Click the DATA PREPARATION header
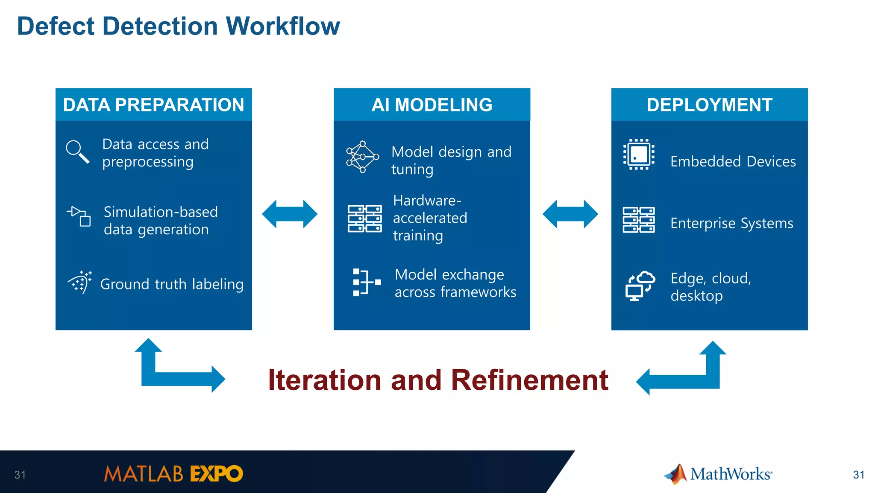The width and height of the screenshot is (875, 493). point(153,105)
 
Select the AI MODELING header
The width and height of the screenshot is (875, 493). point(432,105)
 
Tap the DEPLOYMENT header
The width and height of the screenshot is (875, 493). point(709,105)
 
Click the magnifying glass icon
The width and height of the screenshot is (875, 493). point(77,152)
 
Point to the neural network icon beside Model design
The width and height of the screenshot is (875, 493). point(362,157)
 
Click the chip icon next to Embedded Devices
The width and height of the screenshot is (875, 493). point(639,155)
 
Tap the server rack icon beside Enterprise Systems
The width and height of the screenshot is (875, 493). point(638,220)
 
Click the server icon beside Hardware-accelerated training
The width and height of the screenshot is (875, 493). point(364,218)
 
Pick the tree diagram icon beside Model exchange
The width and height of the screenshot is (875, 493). point(366,282)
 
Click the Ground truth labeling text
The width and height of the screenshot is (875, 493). point(172,284)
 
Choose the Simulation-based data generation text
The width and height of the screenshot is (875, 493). point(161,221)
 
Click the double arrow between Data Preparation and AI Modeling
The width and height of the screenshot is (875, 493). point(290,214)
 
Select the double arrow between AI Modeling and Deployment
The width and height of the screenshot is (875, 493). point(570,214)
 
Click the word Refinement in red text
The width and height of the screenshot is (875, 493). point(529,380)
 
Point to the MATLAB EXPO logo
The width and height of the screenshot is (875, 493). point(173,474)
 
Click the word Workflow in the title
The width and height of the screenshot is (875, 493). point(282,26)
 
